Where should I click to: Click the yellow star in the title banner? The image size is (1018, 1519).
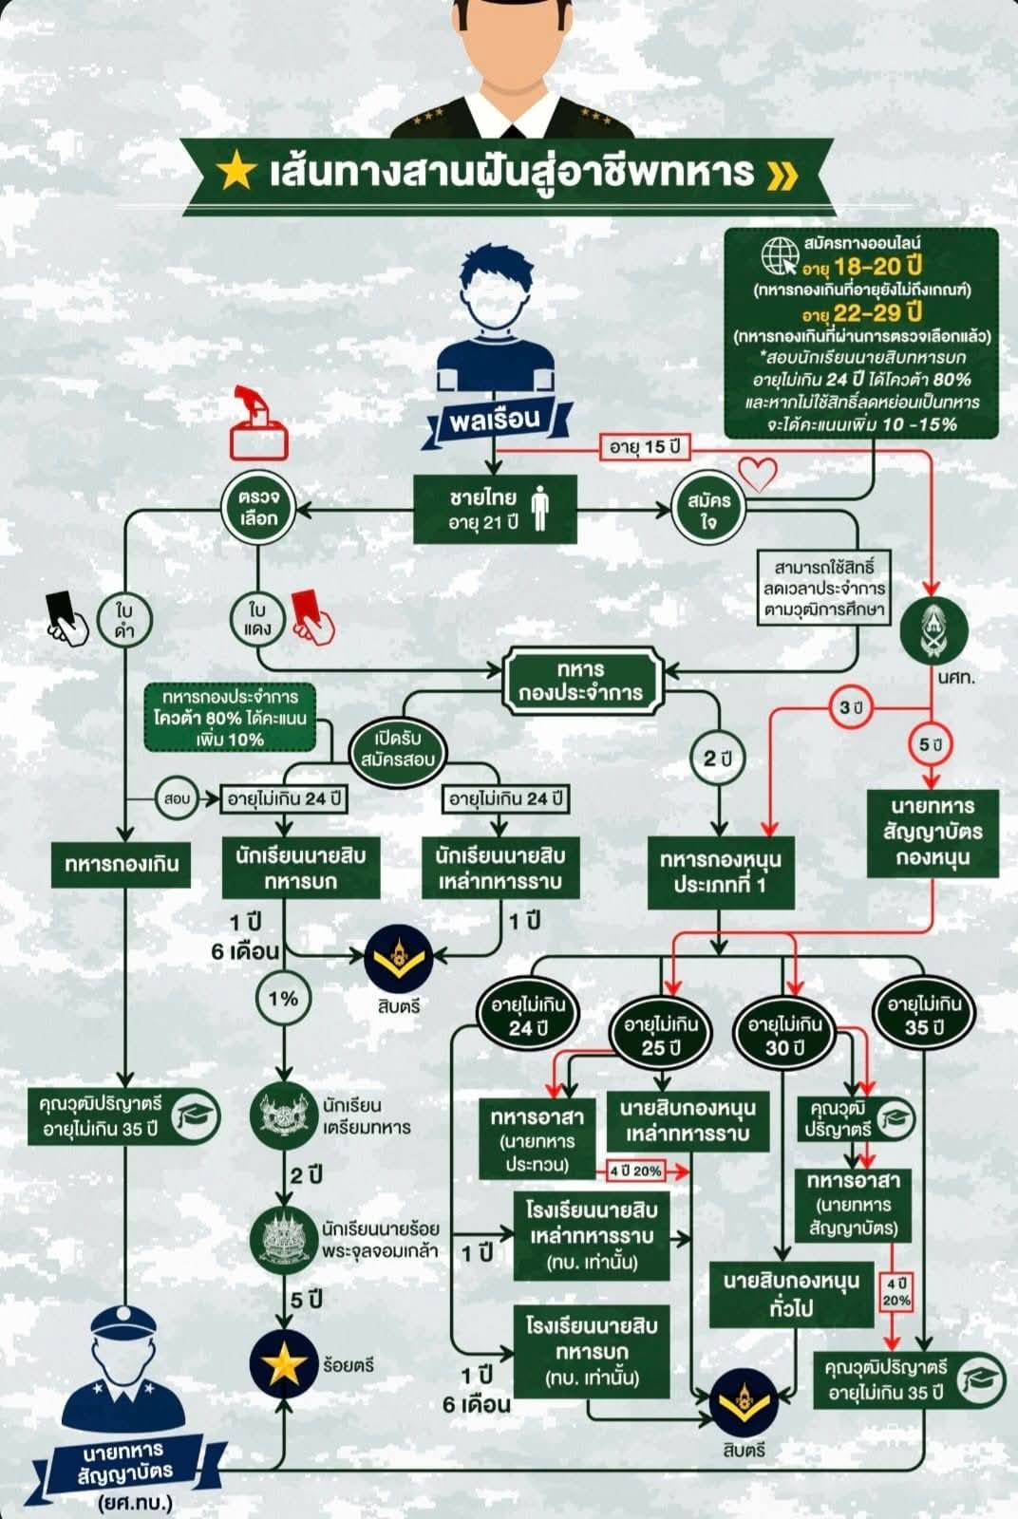pos(236,171)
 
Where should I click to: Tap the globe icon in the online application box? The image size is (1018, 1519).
pos(780,254)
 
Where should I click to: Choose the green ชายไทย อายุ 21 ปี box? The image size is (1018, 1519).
pos(495,510)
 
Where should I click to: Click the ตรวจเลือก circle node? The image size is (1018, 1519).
pos(258,508)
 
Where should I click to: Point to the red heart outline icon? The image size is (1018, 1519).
pos(758,472)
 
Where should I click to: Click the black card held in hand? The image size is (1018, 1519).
pos(61,606)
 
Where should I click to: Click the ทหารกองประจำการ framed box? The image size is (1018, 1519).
pos(580,681)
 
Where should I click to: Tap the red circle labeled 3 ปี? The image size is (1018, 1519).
pos(851,708)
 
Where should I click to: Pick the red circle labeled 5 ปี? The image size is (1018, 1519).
pos(931,744)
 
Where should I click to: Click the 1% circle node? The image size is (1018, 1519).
pos(283,998)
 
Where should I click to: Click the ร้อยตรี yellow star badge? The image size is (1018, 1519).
pos(284,1364)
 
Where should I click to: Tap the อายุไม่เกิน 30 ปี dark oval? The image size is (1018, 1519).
pos(784,1036)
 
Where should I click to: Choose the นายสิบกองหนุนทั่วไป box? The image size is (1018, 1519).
pos(791,1294)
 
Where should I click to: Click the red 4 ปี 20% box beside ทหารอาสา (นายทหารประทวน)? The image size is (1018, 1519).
pos(635,1171)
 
